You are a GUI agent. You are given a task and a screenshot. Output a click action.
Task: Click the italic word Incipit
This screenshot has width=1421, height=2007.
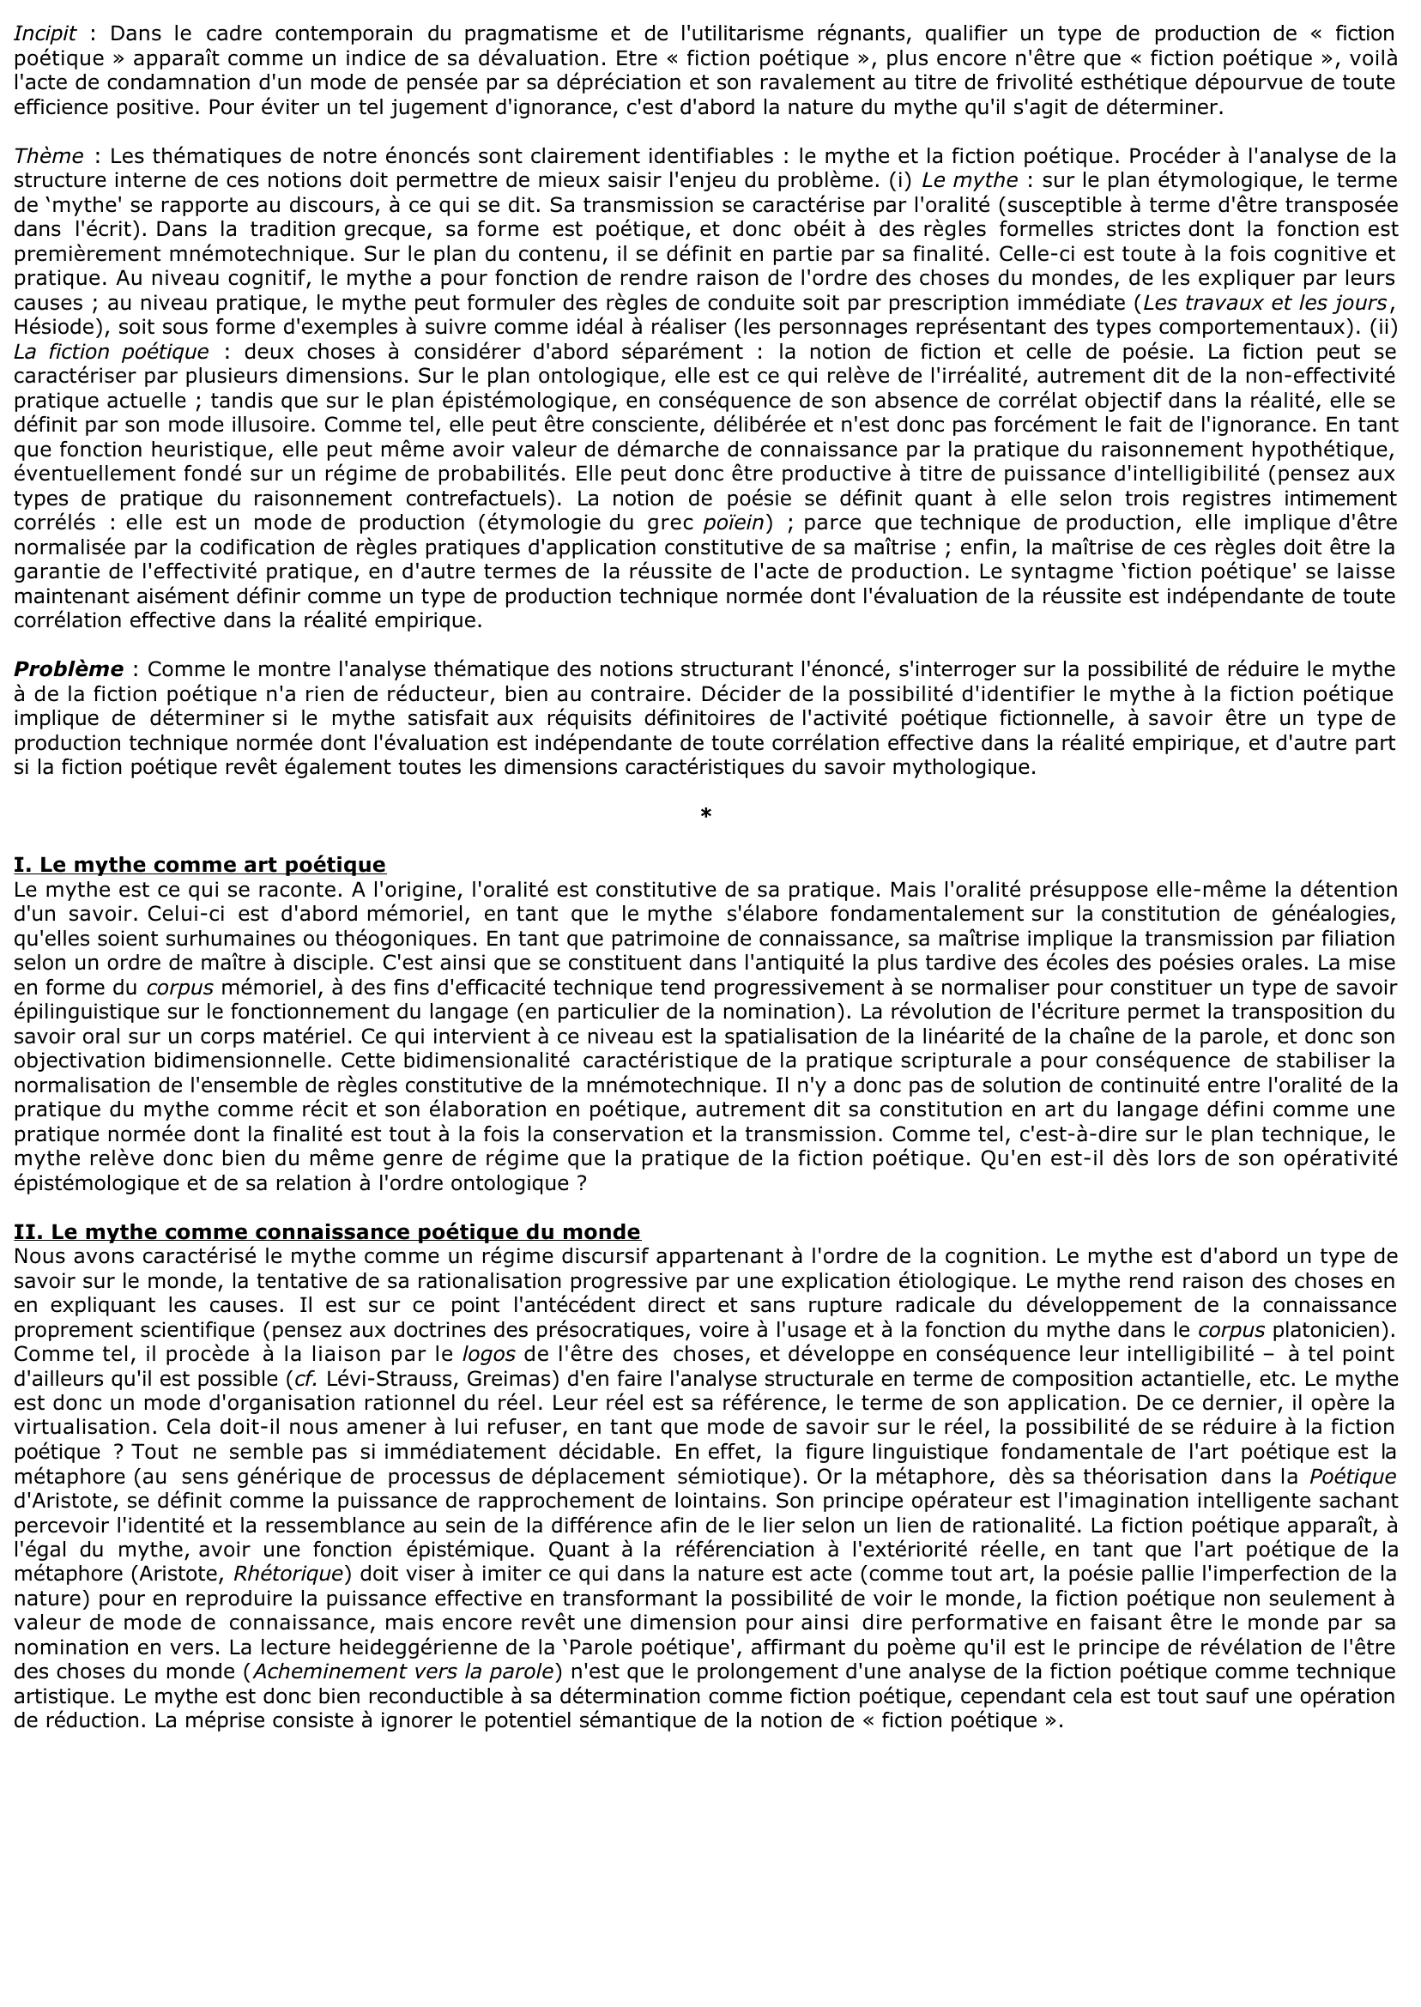click(x=45, y=34)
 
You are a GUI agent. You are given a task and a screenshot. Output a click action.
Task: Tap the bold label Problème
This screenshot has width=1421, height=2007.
click(x=69, y=669)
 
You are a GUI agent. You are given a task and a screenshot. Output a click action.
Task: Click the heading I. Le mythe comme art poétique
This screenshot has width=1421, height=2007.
click(x=199, y=865)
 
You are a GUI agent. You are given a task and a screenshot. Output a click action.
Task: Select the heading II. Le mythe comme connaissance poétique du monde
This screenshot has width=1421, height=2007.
click(x=326, y=1232)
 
